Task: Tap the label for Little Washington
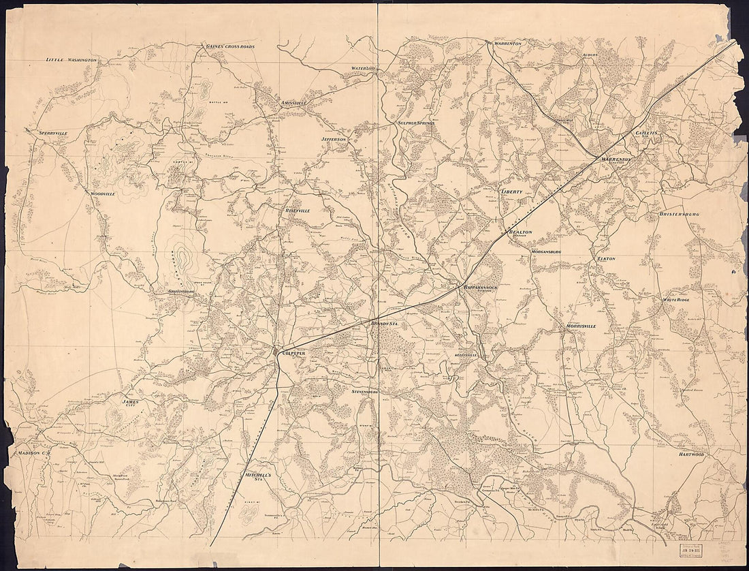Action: [71, 60]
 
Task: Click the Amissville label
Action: [294, 103]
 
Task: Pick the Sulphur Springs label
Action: [416, 123]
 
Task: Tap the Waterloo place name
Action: [364, 69]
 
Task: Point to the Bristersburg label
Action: [679, 214]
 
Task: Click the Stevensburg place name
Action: [370, 392]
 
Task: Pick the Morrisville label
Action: [581, 326]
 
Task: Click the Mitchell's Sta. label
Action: [259, 476]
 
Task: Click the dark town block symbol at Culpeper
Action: [276, 352]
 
